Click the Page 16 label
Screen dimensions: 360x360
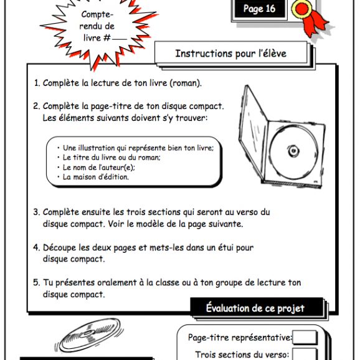point(259,9)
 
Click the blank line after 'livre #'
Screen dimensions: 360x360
point(119,39)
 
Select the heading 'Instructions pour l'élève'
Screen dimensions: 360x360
point(230,54)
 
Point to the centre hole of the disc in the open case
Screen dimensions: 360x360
point(293,151)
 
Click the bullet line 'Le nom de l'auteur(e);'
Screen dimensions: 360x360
point(99,168)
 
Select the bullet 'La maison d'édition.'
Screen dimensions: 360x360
point(96,177)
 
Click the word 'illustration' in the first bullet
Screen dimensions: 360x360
point(97,148)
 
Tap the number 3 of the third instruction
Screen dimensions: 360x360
point(36,212)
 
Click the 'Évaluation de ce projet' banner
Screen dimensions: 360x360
point(255,308)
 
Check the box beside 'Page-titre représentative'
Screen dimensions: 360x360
point(305,338)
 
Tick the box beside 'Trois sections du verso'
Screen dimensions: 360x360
point(305,354)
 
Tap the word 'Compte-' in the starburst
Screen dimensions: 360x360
point(97,14)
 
